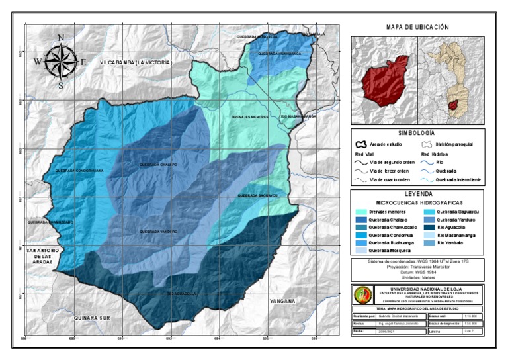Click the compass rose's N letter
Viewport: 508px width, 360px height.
(x=61, y=38)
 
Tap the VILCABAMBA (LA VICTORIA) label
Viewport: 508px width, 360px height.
(x=136, y=62)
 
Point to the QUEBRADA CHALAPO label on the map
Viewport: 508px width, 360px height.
(x=159, y=164)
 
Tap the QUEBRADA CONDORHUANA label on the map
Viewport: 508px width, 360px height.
(x=75, y=171)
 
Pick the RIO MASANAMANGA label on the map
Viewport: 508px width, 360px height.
(x=299, y=116)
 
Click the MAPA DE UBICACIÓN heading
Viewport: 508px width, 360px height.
(x=417, y=27)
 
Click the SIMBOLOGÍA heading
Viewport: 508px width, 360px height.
(x=417, y=133)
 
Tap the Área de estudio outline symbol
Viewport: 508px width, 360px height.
(x=360, y=144)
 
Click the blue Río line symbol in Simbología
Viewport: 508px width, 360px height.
(x=428, y=161)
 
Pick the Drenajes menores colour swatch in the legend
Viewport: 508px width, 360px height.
(x=360, y=211)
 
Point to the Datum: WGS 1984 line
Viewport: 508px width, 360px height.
(x=417, y=272)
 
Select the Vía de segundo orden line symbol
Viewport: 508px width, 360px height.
(x=360, y=161)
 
